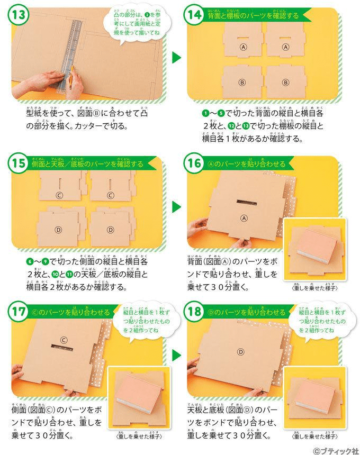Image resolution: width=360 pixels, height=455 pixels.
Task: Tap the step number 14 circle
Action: [x=193, y=15]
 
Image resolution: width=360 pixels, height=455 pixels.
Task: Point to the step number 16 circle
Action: [x=193, y=164]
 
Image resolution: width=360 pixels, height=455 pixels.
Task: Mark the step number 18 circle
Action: [x=193, y=312]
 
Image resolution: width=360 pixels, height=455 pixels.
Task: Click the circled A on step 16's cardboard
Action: [x=244, y=217]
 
